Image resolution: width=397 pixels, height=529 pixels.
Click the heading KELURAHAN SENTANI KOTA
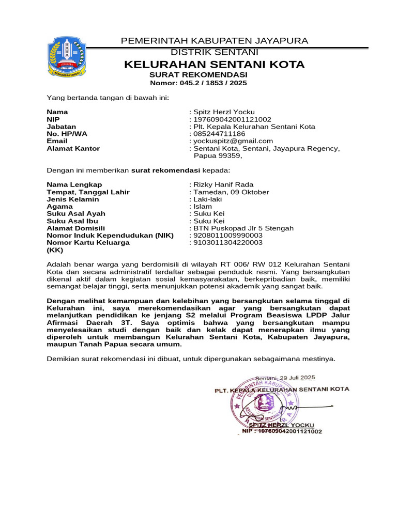[214, 65]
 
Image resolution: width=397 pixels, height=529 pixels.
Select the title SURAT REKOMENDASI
[198, 75]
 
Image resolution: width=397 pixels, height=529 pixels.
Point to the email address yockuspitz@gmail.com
[233, 141]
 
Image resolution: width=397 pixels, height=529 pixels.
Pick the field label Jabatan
[62, 127]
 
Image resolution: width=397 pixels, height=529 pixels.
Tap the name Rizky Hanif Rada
[223, 184]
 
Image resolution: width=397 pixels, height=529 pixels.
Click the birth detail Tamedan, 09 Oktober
[231, 192]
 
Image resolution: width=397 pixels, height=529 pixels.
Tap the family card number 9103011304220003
[227, 242]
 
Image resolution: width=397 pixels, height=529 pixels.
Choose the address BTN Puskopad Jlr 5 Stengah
[243, 228]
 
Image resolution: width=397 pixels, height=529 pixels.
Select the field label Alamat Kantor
[73, 148]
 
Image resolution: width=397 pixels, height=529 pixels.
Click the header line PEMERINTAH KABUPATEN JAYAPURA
[214, 41]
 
